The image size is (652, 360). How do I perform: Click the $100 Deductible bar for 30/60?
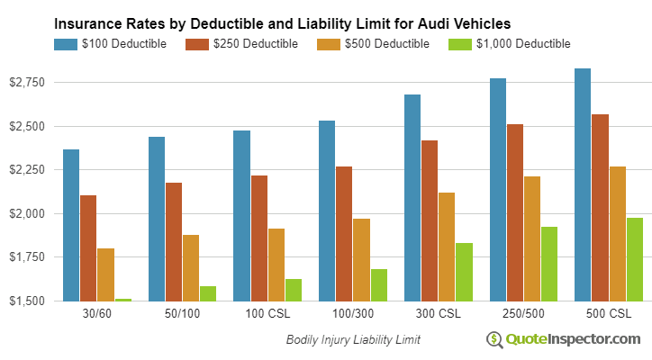coord(71,225)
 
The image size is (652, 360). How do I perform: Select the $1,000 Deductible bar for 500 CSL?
coord(635,259)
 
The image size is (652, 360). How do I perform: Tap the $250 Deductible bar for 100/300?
coord(344,233)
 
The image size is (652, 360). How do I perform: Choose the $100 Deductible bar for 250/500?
coord(498,189)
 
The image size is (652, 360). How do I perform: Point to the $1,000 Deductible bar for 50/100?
coord(208,293)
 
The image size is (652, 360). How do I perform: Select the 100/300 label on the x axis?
coord(352,317)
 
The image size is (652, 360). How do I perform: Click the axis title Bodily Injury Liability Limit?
coord(353,340)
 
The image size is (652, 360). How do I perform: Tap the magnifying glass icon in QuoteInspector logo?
coord(494,339)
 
